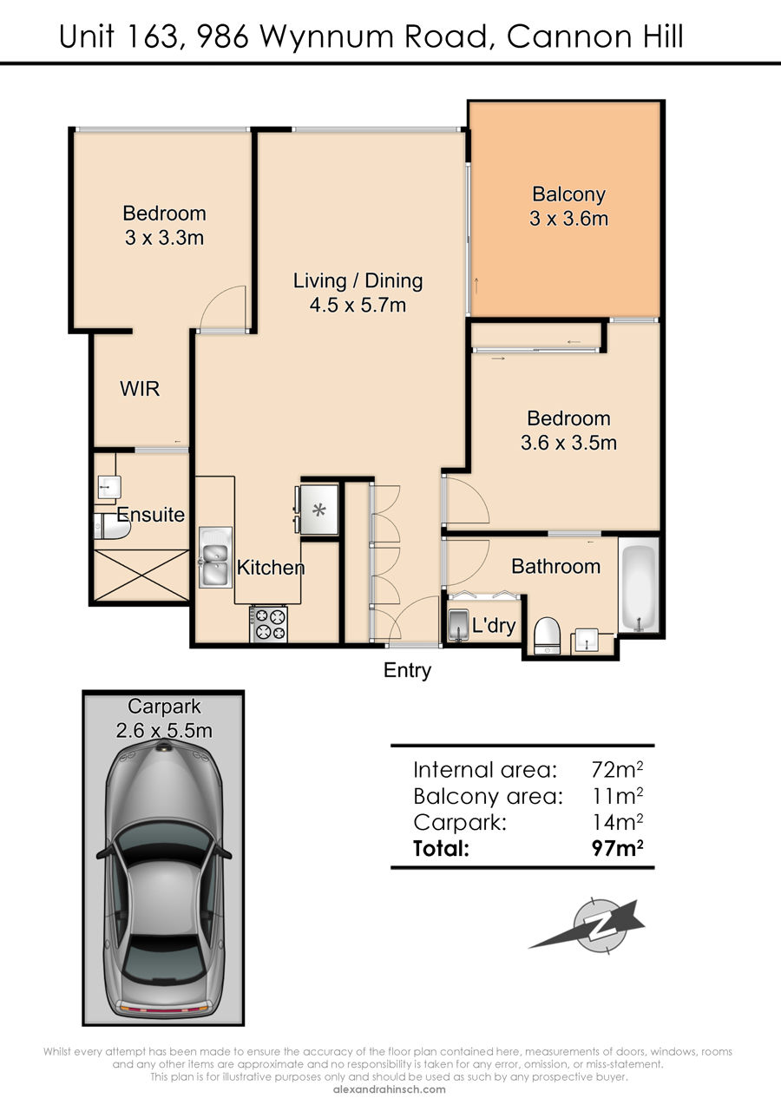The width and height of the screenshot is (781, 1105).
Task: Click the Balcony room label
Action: pyautogui.click(x=568, y=194)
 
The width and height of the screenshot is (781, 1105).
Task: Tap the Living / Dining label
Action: pyautogui.click(x=358, y=280)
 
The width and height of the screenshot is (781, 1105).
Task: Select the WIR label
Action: pyautogui.click(x=140, y=389)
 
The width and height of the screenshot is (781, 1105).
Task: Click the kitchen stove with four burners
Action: pyautogui.click(x=269, y=624)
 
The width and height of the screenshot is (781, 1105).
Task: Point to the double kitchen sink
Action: pyautogui.click(x=215, y=557)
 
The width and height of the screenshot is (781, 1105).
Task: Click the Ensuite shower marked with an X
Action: pyautogui.click(x=141, y=576)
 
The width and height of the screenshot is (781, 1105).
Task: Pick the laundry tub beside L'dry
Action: pyautogui.click(x=458, y=626)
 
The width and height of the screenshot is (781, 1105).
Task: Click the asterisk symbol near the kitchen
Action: pyautogui.click(x=319, y=510)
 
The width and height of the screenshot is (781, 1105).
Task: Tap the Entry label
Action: pyautogui.click(x=407, y=670)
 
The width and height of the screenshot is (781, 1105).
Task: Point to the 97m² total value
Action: pyautogui.click(x=617, y=847)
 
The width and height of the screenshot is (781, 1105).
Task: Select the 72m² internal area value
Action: pyautogui.click(x=617, y=769)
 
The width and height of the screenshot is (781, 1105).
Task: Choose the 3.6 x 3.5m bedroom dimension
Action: pyautogui.click(x=568, y=443)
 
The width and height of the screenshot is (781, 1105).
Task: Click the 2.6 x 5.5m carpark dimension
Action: pyautogui.click(x=164, y=731)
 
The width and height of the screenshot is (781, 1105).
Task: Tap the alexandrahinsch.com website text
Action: pyautogui.click(x=390, y=1089)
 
